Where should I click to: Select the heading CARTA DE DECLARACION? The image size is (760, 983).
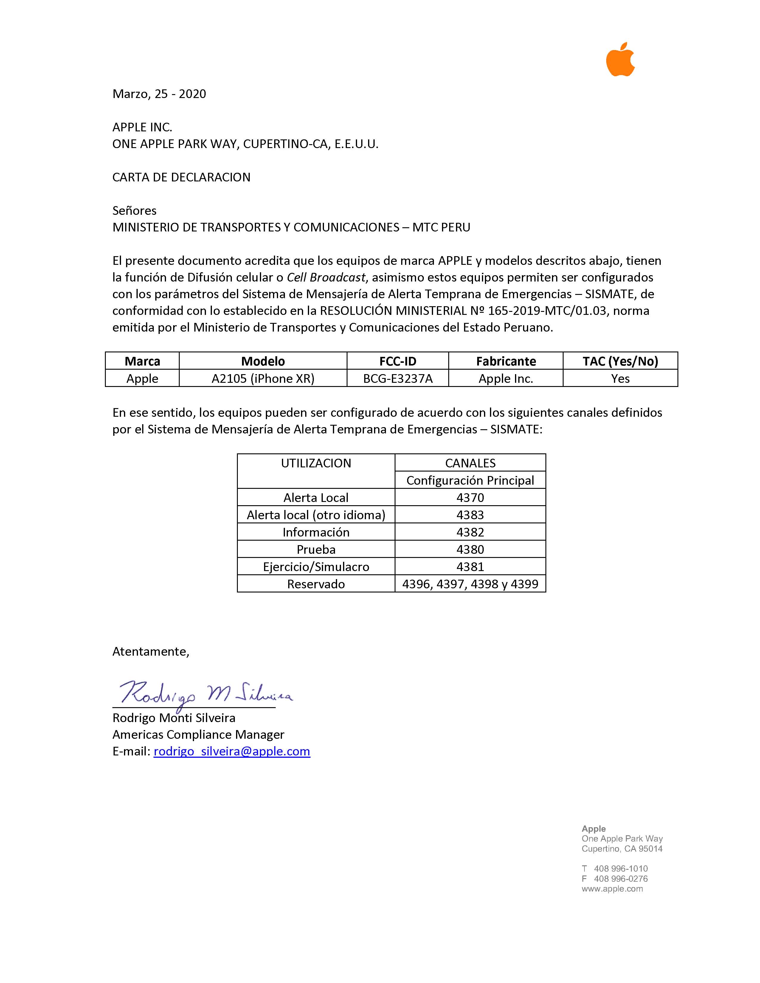coord(181,177)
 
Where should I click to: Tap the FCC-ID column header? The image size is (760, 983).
coord(398,361)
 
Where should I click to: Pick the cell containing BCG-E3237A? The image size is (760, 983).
coord(398,379)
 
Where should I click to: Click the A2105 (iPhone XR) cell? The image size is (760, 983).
coord(263,379)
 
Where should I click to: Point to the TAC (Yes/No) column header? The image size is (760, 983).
coord(620,361)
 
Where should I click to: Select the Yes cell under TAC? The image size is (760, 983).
coord(620,379)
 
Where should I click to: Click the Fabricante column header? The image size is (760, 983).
coord(505,361)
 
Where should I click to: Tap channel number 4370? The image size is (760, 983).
coord(470,497)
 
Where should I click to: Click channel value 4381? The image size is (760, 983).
coord(470,566)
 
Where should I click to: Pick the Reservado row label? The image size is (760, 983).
coord(316,584)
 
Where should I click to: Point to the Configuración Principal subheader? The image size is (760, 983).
coord(470,480)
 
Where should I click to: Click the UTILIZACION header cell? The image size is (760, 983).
coord(316,463)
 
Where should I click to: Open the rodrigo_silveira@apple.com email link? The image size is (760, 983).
coord(232,751)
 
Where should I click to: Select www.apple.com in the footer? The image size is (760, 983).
coord(612,889)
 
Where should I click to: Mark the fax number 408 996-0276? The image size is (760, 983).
coord(621,878)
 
